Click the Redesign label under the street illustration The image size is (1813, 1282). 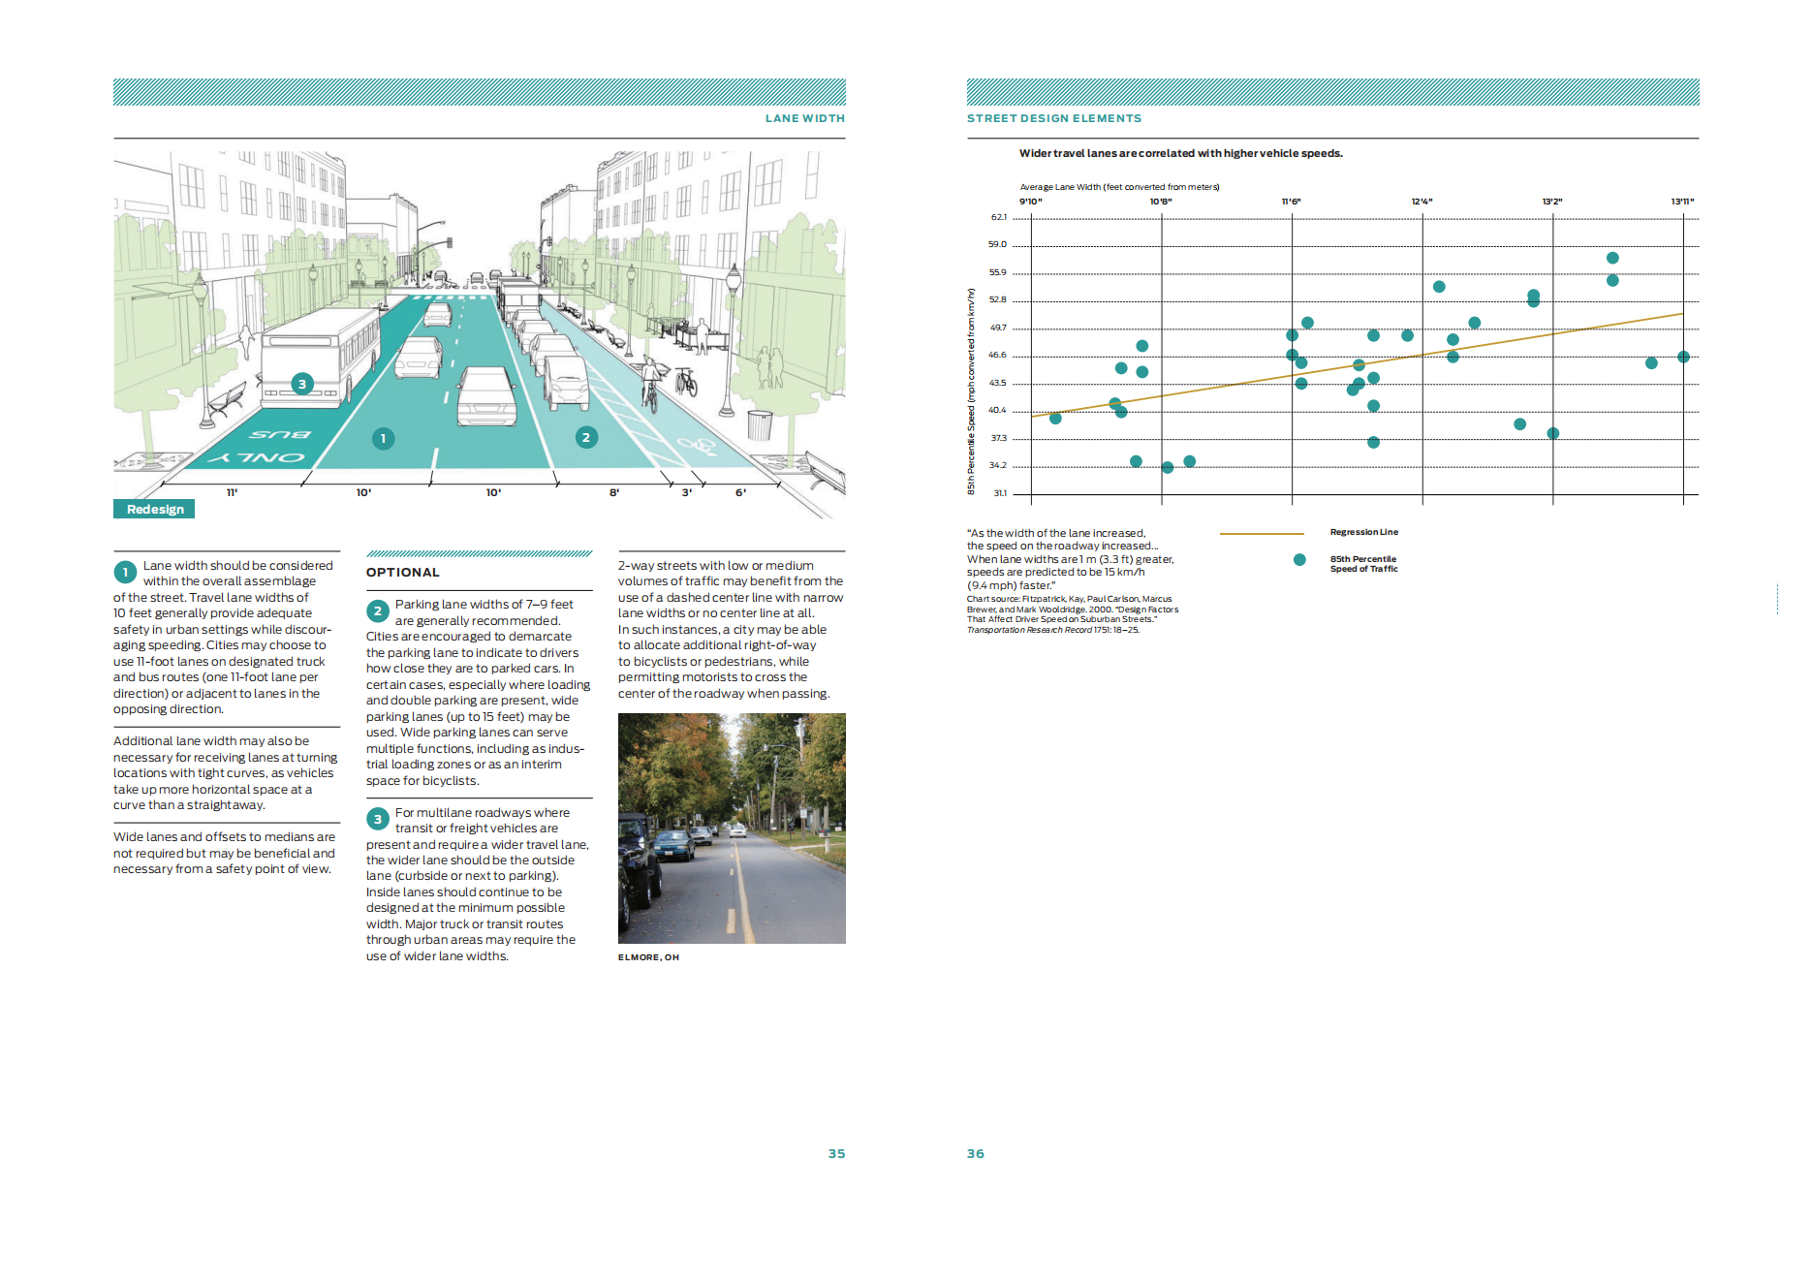154,510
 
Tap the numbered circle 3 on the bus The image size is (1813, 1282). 302,384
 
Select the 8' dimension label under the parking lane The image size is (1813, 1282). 614,493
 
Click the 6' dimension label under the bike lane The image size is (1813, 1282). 741,493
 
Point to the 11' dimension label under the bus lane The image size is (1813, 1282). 233,493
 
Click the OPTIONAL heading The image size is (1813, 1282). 403,573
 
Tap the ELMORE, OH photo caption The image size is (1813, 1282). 648,957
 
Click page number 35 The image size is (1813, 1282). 836,1154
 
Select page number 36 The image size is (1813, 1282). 975,1154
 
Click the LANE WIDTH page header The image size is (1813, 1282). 804,118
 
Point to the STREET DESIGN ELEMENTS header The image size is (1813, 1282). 1054,118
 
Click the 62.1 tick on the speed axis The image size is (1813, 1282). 998,217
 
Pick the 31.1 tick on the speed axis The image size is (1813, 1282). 1000,493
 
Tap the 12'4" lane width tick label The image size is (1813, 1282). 1422,202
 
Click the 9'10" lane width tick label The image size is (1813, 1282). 1030,202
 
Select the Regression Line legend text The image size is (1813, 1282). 1363,532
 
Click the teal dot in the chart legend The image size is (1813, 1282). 1299,560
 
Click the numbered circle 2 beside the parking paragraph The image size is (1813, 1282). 378,611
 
